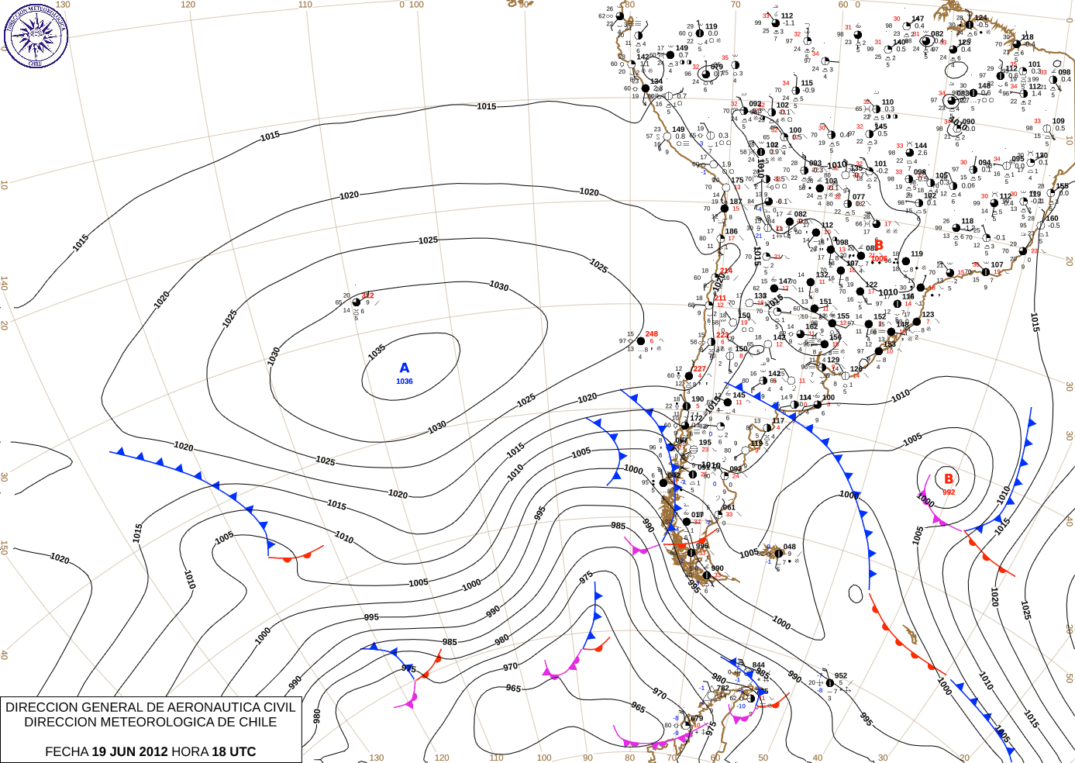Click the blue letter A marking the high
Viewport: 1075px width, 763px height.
click(404, 368)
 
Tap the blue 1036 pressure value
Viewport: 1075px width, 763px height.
click(405, 381)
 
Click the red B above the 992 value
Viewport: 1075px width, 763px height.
click(949, 479)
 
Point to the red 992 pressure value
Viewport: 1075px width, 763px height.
click(949, 492)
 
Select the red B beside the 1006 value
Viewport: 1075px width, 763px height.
click(879, 246)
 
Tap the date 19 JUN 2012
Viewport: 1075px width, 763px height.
click(129, 751)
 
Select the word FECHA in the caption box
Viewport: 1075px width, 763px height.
click(67, 751)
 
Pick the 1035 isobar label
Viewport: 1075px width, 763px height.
click(377, 352)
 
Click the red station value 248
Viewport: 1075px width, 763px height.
click(652, 334)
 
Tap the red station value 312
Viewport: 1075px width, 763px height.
click(367, 295)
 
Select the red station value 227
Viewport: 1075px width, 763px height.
click(700, 369)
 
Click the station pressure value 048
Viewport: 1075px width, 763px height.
click(789, 547)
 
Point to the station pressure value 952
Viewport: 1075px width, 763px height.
click(841, 676)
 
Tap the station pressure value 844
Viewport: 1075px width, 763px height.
click(758, 665)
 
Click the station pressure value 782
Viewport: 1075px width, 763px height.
click(722, 689)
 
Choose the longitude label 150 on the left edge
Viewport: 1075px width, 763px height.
click(4, 547)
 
